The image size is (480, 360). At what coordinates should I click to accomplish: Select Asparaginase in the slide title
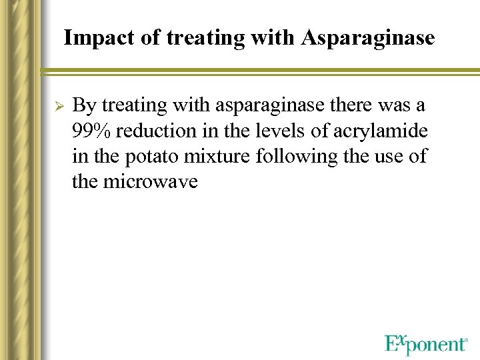point(368,38)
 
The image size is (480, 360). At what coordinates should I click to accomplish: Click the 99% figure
point(91,131)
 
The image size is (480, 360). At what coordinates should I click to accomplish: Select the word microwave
point(151,181)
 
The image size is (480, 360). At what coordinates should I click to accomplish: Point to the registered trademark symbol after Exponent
point(465,340)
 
